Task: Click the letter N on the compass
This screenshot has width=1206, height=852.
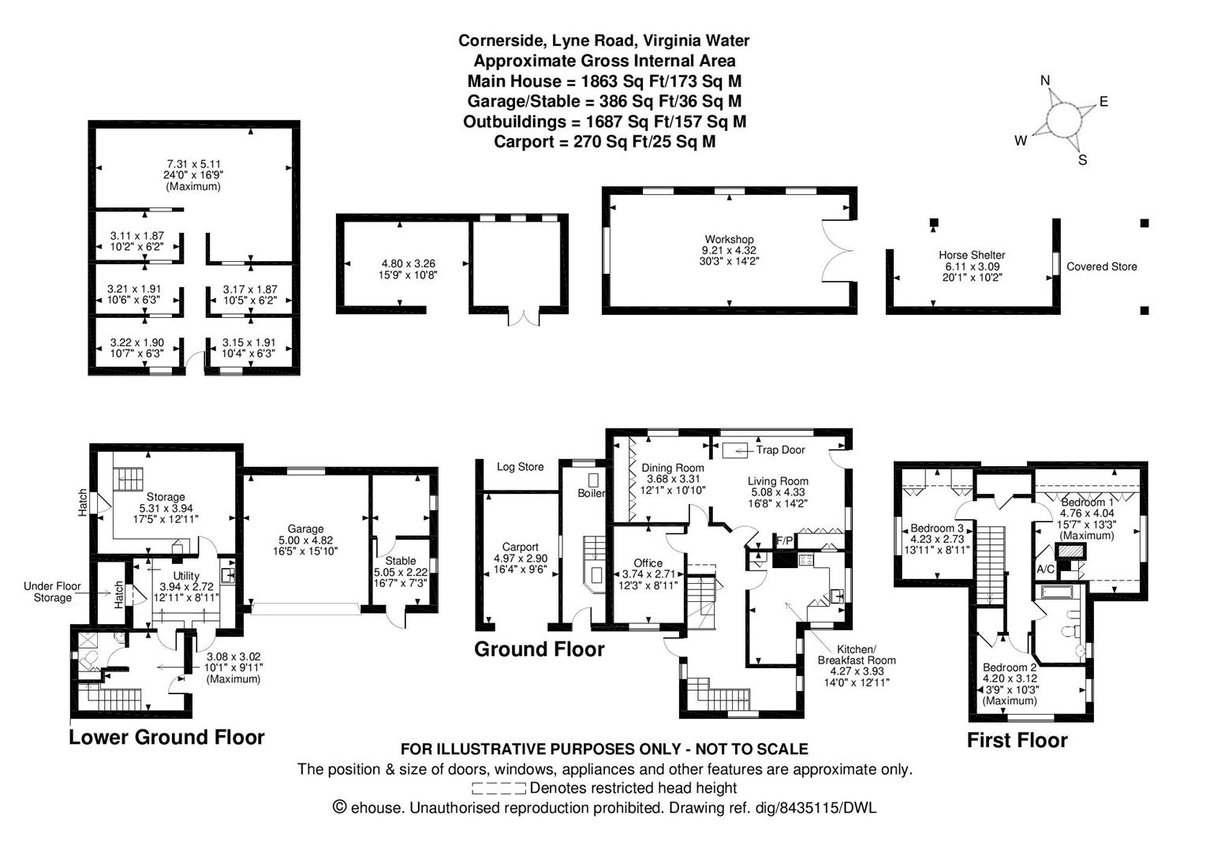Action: coord(1045,80)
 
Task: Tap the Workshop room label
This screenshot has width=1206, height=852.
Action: coord(729,239)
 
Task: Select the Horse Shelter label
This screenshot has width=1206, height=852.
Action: coord(972,255)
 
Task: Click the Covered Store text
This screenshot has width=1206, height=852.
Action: coord(1101,267)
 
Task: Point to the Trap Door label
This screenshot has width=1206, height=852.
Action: coord(780,450)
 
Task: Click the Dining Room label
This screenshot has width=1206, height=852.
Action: coord(673,468)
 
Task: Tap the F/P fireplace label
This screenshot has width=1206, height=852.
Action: coord(785,541)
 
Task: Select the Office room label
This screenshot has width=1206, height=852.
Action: coord(648,562)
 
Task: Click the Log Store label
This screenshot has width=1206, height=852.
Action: coord(520,467)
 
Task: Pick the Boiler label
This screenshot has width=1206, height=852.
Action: coord(592,493)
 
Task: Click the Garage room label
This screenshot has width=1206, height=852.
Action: coord(305,529)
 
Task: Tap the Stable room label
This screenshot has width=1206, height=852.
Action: coord(401,561)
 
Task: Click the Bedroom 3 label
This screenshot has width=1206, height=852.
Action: coord(937,529)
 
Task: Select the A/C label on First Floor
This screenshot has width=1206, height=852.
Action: coord(1045,569)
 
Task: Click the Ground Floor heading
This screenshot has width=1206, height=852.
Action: coord(539,649)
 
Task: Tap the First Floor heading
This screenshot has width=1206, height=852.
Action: coord(1017,740)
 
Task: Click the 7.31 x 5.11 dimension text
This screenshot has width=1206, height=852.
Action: coord(193,164)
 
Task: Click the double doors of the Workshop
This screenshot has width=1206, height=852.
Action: coord(838,251)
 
